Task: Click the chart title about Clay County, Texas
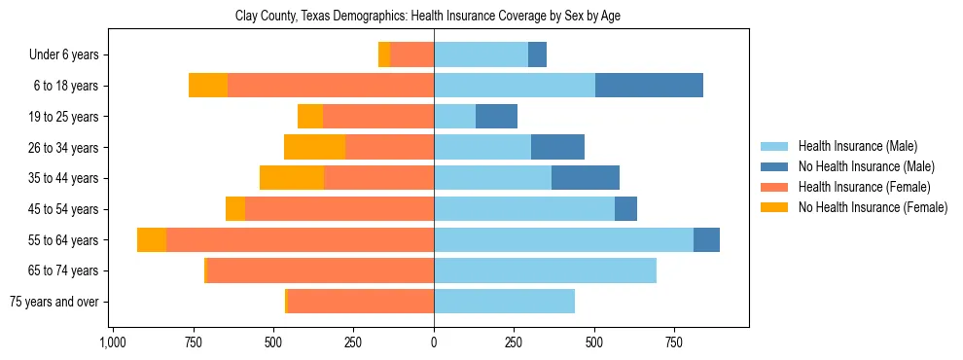pyautogui.click(x=428, y=17)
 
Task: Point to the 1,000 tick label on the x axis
pyautogui.click(x=113, y=342)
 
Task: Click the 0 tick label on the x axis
pyautogui.click(x=434, y=342)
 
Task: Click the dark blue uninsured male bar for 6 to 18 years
pyautogui.click(x=649, y=86)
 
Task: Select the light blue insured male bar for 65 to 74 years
pyautogui.click(x=545, y=270)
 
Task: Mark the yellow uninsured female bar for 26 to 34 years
pyautogui.click(x=314, y=147)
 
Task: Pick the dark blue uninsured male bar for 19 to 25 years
pyautogui.click(x=496, y=117)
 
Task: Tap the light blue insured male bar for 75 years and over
pyautogui.click(x=504, y=302)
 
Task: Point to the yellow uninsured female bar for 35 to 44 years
pyautogui.click(x=292, y=178)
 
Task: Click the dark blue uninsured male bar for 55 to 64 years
pyautogui.click(x=706, y=239)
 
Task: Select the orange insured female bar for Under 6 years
pyautogui.click(x=412, y=55)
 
